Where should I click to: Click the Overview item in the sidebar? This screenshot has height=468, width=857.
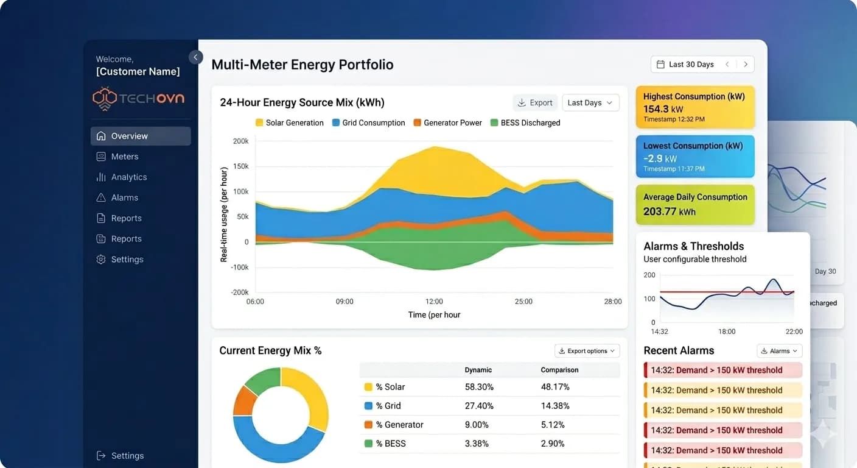point(129,136)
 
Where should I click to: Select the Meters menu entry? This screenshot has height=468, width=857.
point(124,157)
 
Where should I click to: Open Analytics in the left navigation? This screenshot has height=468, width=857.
point(128,177)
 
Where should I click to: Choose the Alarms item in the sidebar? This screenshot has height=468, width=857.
point(124,197)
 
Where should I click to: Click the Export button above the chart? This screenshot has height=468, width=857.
point(534,102)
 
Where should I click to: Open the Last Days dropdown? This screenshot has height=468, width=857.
point(590,102)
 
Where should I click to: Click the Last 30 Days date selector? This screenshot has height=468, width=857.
point(691,65)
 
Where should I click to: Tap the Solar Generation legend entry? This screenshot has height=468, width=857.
point(290,122)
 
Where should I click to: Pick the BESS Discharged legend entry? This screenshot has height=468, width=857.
point(525,122)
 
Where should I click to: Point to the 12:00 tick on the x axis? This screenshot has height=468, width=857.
point(434,301)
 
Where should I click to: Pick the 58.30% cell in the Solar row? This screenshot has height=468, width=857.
point(479,387)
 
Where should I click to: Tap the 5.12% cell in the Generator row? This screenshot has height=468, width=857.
point(553,425)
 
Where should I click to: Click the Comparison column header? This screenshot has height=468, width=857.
point(559,370)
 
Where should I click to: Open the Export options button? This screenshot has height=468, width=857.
point(587,351)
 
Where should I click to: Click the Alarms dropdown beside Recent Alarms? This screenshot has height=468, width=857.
point(779,351)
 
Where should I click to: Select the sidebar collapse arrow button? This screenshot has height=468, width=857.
point(195,57)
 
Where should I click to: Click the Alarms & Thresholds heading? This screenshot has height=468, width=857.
point(693,246)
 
